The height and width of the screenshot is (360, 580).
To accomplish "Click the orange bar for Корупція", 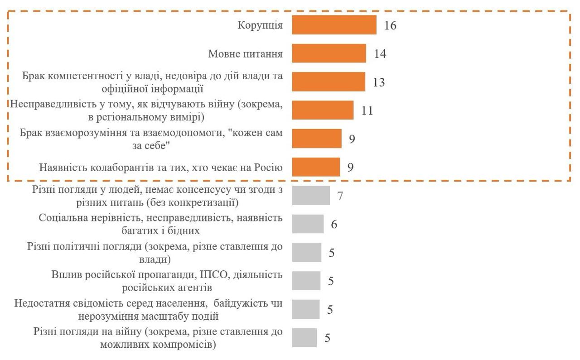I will click(334, 25).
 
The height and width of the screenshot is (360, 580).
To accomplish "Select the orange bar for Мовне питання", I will click(329, 53).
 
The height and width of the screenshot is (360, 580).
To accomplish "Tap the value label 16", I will click(390, 25).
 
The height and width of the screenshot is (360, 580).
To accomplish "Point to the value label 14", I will click(380, 54).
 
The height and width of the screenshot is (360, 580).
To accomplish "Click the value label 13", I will click(379, 82).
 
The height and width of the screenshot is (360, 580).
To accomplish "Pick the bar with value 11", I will click(323, 110).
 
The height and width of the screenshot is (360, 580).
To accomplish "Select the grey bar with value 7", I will click(311, 196).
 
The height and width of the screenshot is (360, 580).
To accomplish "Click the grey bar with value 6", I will click(308, 224).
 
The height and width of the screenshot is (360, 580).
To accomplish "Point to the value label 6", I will click(334, 224).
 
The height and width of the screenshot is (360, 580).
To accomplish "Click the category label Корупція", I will click(260, 25).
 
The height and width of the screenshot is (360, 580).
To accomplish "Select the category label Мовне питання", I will click(245, 54).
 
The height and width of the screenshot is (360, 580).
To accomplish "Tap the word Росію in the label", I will click(270, 168).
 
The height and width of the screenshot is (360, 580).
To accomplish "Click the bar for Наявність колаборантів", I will click(316, 167).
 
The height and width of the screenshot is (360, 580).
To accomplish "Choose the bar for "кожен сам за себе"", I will click(317, 139).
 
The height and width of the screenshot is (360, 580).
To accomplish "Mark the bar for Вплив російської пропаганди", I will click(306, 281).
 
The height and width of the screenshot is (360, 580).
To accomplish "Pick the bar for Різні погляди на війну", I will click(304, 338).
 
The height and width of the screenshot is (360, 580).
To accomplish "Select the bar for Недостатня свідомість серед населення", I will click(306, 309).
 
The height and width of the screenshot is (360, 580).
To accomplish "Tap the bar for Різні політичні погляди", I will click(307, 253).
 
